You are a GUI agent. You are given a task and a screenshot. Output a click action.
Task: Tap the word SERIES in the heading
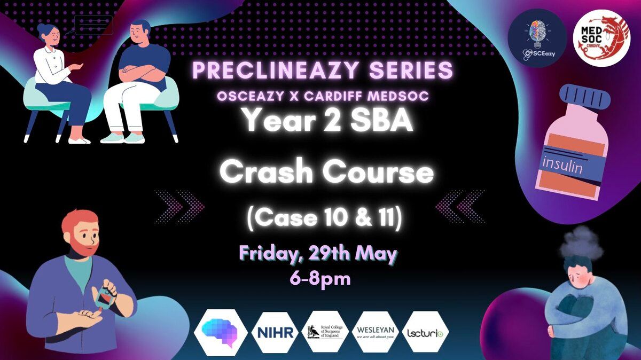[411, 70]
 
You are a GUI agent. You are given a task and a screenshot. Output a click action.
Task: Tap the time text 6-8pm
[320, 279]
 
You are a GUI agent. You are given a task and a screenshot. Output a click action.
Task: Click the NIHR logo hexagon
[275, 332]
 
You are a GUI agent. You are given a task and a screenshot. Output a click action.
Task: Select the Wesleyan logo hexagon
[376, 332]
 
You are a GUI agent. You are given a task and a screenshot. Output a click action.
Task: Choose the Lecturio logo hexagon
[425, 332]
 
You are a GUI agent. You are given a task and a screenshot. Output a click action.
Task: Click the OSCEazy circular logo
[537, 38]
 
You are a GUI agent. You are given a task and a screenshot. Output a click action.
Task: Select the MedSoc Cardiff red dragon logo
[602, 38]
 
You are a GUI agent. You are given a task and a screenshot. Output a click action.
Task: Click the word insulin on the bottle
[562, 166]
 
